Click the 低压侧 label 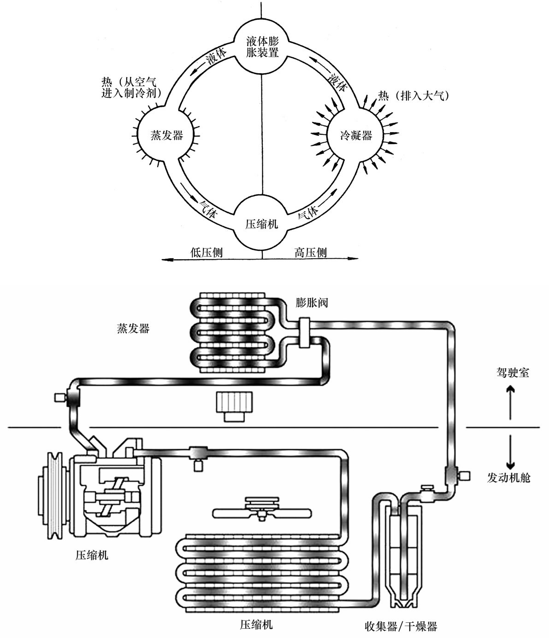[x=206, y=252]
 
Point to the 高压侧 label [x=310, y=252]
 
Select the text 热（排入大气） [x=413, y=96]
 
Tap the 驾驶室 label [x=513, y=372]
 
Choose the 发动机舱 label [x=508, y=477]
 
